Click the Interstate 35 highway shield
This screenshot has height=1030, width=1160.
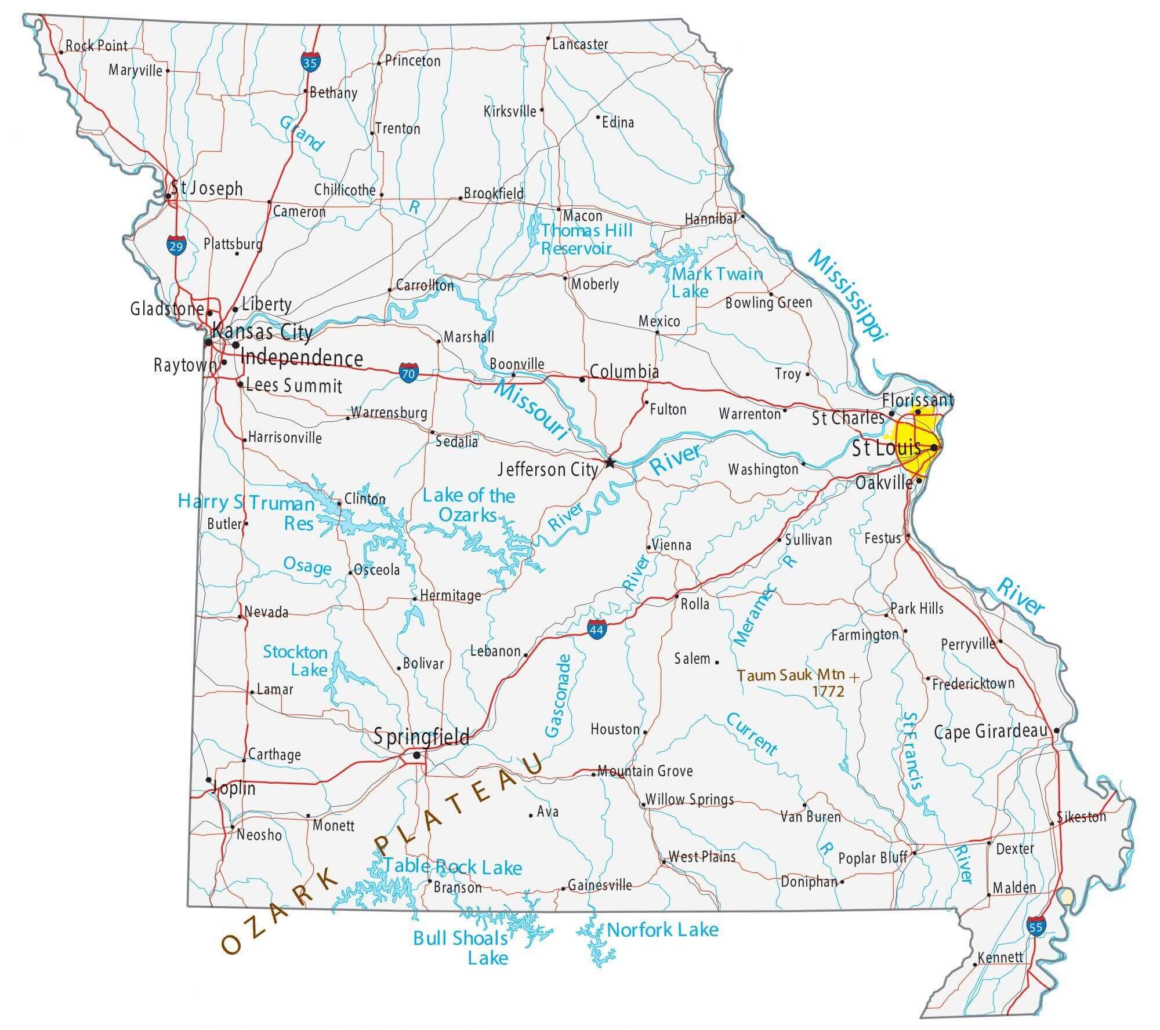310,62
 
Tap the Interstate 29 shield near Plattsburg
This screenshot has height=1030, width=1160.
176,245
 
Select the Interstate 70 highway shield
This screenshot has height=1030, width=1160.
408,373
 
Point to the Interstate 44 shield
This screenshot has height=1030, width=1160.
597,629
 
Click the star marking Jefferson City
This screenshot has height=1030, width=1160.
610,463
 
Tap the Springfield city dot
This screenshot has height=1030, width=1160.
416,755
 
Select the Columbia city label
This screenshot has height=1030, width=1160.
624,372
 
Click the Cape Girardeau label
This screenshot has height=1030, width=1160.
991,732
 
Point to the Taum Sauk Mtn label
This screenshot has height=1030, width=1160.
791,675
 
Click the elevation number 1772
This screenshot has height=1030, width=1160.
828,691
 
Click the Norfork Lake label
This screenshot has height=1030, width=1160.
662,930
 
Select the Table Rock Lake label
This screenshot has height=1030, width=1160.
452,867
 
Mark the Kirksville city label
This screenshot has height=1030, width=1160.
510,111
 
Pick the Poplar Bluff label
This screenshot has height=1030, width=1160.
872,858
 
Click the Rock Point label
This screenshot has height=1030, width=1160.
96,45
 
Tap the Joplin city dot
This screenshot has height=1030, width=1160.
209,780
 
